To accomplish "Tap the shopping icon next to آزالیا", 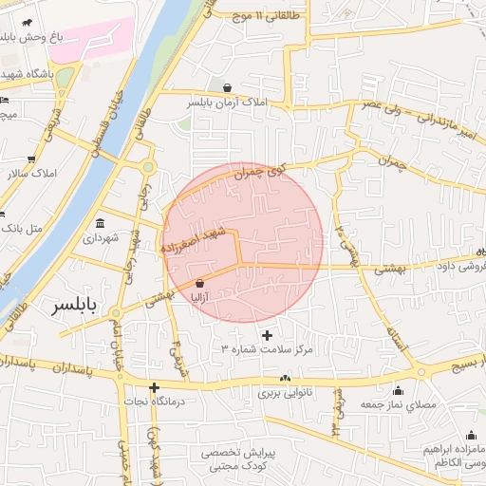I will [x=199, y=283].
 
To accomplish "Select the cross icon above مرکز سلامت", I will [x=267, y=335].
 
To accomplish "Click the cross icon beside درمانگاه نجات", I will [x=154, y=387].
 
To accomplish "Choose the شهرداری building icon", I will [x=100, y=224].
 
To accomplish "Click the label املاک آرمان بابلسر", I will [x=227, y=102].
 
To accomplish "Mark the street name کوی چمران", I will [x=262, y=173].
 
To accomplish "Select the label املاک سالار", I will [x=31, y=174].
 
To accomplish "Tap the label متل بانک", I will [x=24, y=229].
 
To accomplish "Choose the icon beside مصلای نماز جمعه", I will [x=397, y=391].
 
